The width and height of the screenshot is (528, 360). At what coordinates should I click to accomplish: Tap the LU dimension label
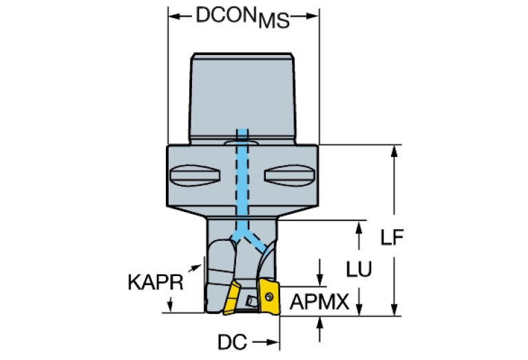(359, 271)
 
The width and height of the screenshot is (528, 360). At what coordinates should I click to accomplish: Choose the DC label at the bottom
(231, 341)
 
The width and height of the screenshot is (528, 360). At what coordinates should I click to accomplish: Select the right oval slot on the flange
(290, 176)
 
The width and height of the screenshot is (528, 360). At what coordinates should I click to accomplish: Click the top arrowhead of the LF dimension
(394, 150)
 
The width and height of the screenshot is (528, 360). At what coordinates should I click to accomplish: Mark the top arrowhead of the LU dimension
(359, 226)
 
